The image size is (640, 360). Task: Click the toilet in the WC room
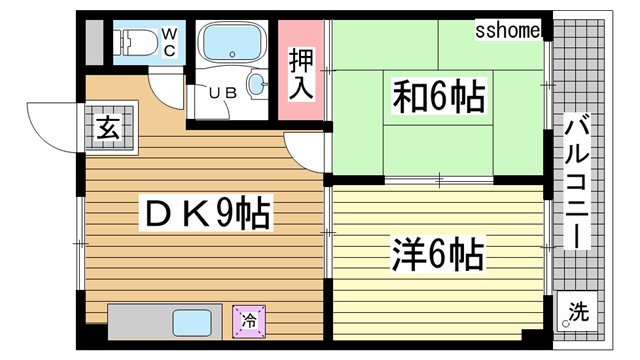click(140, 42)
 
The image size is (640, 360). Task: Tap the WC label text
click(169, 42)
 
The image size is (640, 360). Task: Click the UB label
click(221, 92)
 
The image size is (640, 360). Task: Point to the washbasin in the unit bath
click(257, 85)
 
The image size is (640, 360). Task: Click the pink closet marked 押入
click(302, 72)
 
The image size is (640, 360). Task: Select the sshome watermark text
click(508, 32)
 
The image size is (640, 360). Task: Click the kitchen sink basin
click(189, 323)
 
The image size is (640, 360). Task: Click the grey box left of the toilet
click(93, 42)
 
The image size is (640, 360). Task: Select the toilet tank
click(123, 42)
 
